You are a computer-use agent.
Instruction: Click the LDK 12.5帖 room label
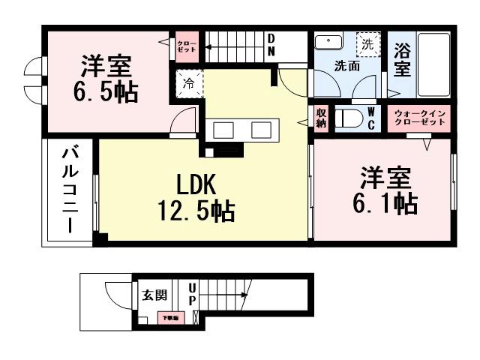(x=196, y=197)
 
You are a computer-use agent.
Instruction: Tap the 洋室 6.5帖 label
(x=106, y=79)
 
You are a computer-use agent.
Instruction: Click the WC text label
(x=371, y=118)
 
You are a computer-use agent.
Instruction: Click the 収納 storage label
(x=321, y=118)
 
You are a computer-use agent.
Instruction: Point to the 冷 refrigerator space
(x=188, y=83)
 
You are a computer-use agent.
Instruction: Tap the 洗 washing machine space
(x=367, y=43)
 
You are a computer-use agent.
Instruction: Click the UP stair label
(x=192, y=294)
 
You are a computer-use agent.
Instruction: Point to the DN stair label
(x=271, y=44)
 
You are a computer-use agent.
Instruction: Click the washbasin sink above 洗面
(x=328, y=42)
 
